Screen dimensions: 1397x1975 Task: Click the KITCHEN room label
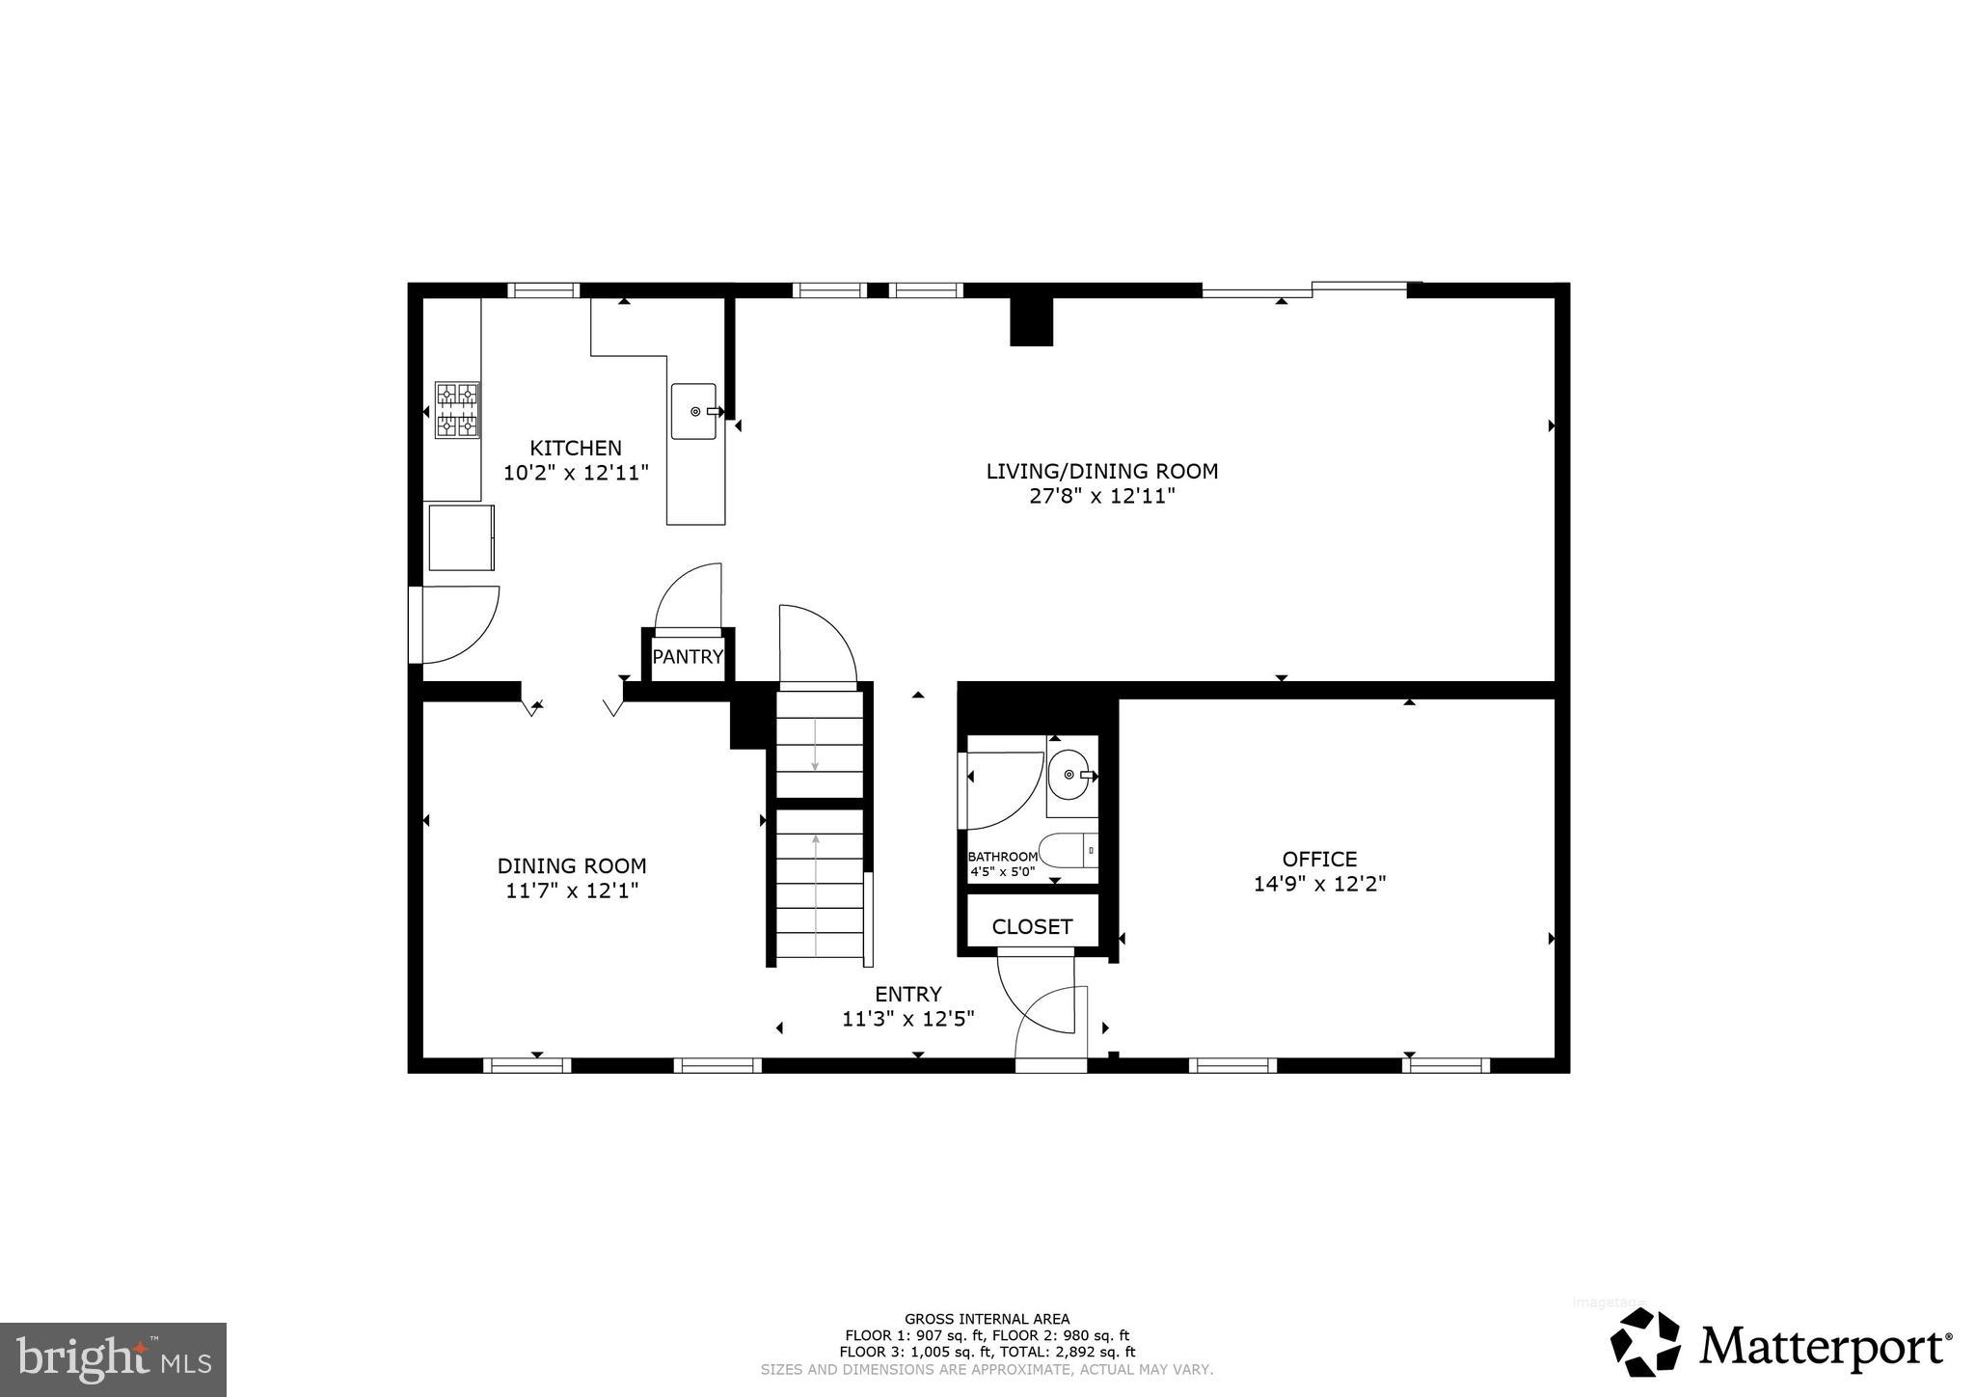tap(576, 448)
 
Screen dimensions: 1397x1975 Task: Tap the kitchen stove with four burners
tap(457, 410)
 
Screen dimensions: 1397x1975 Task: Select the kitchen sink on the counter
tap(694, 411)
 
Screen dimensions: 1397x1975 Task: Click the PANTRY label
tap(688, 657)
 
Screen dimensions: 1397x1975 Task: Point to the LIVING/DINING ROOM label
tap(1101, 471)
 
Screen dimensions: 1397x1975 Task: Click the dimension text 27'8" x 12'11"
tap(1101, 497)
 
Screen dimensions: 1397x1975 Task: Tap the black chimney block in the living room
tap(1031, 321)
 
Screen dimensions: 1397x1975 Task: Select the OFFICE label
tap(1319, 859)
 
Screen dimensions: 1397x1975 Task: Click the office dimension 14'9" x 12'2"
tap(1319, 884)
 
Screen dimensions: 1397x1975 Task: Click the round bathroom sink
tap(1069, 775)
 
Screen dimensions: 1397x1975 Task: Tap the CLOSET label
tap(1032, 927)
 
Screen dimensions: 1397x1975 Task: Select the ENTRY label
tap(907, 994)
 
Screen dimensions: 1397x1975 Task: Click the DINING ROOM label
tap(572, 866)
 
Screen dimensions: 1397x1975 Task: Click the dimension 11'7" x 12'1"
tap(572, 890)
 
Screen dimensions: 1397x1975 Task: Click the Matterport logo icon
tap(1645, 1342)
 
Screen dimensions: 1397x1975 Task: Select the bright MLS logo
tap(113, 1359)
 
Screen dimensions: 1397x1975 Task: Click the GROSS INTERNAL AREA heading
tap(987, 1319)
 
